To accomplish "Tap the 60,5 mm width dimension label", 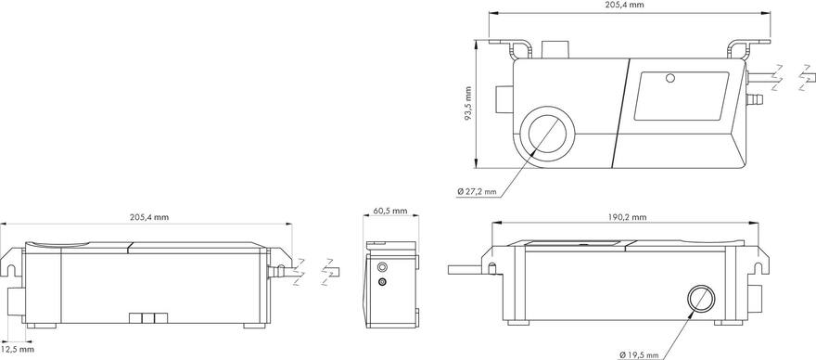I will click(389, 212).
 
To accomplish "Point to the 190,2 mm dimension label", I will click(627, 217).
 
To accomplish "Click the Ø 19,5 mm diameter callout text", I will click(640, 354).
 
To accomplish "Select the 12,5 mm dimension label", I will click(18, 350).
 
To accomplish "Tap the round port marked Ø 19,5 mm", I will click(701, 299).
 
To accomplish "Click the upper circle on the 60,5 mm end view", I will click(382, 265).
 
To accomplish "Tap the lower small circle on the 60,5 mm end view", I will click(383, 280).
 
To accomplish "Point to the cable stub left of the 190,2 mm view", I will click(467, 269).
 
